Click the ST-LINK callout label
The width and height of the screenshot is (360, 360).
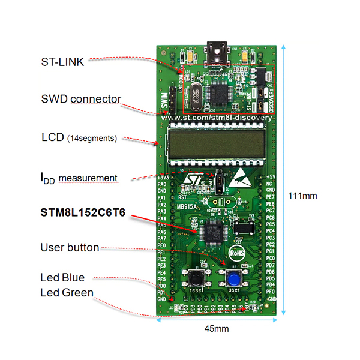[x=62, y=61]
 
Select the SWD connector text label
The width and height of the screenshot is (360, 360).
[x=81, y=99]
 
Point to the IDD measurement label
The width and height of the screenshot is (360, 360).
[x=79, y=178]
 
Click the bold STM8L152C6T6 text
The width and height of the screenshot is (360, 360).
[x=83, y=213]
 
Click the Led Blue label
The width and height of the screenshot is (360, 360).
[x=63, y=277]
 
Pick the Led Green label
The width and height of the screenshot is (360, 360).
[x=67, y=292]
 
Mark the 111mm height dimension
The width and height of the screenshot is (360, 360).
[x=305, y=195]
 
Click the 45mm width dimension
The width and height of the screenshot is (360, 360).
[x=216, y=329]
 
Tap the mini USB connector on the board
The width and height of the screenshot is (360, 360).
[x=217, y=50]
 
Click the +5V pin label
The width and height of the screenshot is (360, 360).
[x=271, y=178]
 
